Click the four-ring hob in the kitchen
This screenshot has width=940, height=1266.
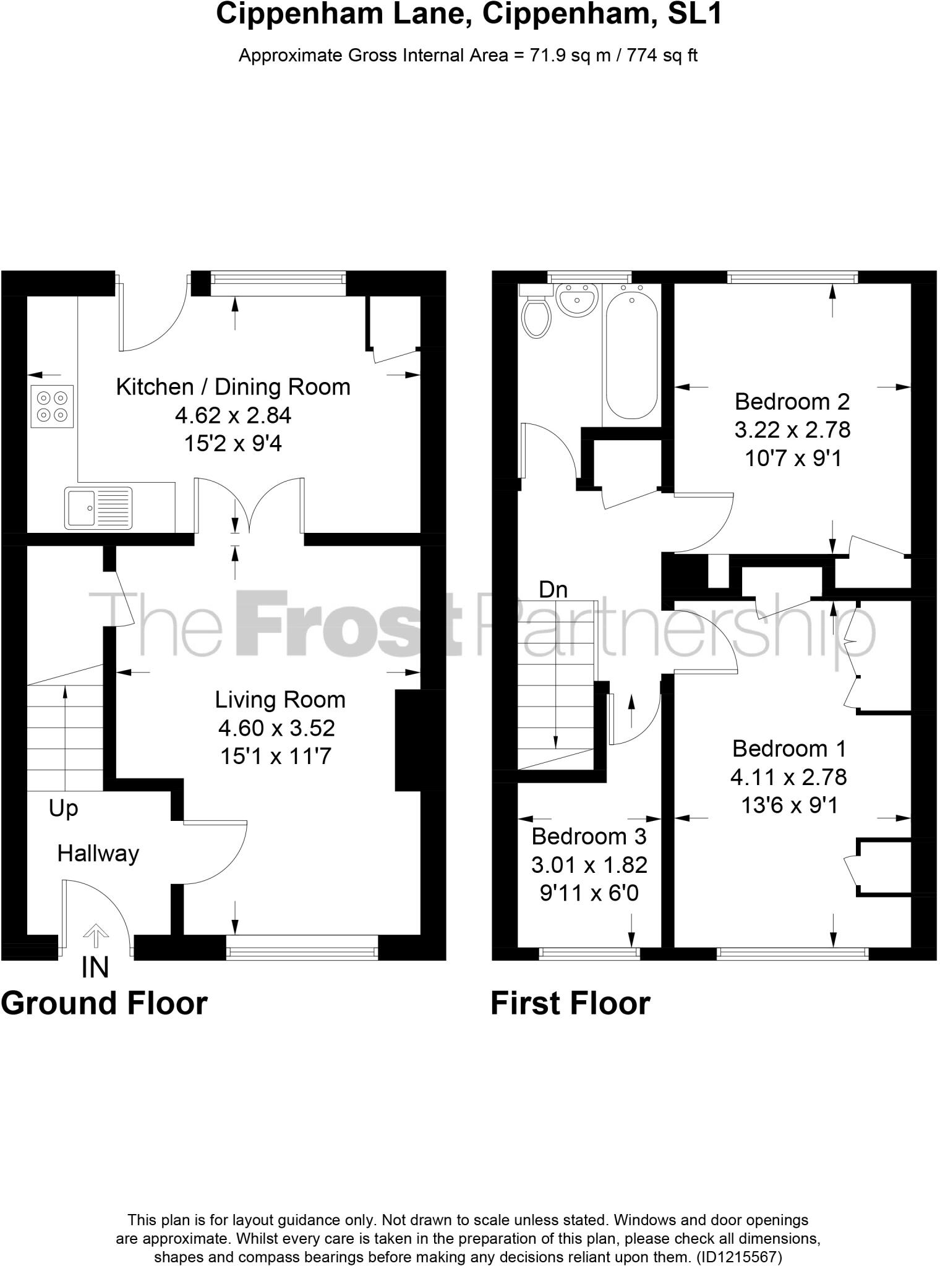(x=52, y=406)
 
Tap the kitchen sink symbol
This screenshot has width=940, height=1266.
(x=98, y=508)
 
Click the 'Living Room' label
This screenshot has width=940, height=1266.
(x=280, y=700)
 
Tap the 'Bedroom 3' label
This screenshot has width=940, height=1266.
(x=589, y=836)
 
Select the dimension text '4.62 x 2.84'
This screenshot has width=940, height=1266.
(x=233, y=415)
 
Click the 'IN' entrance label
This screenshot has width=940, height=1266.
(x=95, y=967)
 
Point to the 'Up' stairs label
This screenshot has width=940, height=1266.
(x=63, y=808)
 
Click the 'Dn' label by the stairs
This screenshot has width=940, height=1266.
(x=553, y=590)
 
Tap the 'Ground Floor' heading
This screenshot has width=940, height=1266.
(x=104, y=1003)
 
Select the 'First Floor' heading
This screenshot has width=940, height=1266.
(x=570, y=1003)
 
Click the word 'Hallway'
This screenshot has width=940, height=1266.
(x=98, y=854)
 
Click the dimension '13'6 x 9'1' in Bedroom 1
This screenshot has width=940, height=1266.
(x=789, y=805)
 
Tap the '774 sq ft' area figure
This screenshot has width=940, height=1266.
(x=662, y=56)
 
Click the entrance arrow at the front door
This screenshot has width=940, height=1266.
(x=94, y=935)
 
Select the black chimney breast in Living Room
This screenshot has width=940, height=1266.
(x=408, y=740)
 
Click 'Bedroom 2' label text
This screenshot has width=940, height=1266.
(x=792, y=402)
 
